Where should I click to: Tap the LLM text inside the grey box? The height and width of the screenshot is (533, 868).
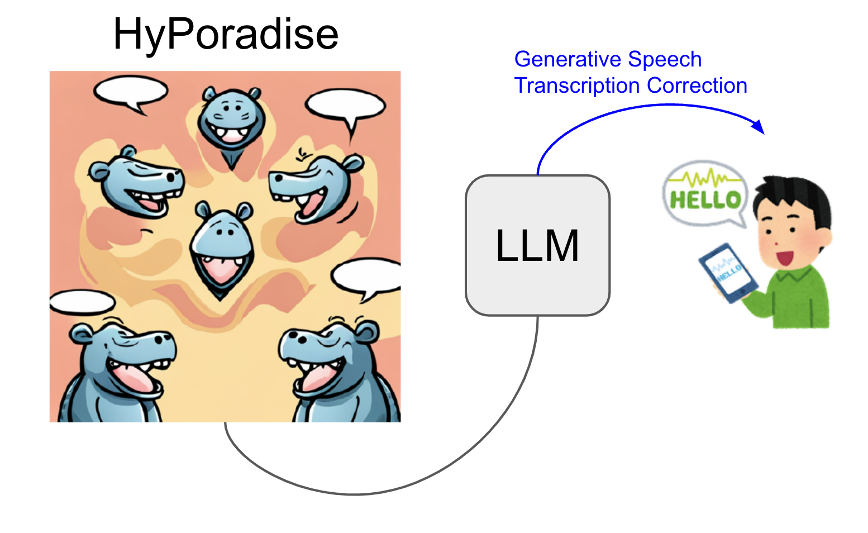(537, 246)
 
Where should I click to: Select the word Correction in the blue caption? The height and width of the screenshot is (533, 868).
(697, 85)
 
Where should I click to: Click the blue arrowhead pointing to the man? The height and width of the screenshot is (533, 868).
(759, 127)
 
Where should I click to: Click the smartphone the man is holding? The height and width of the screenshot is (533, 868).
(728, 273)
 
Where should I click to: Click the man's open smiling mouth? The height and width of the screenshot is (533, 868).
(785, 258)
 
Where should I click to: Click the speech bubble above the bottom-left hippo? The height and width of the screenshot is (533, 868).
(82, 302)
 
